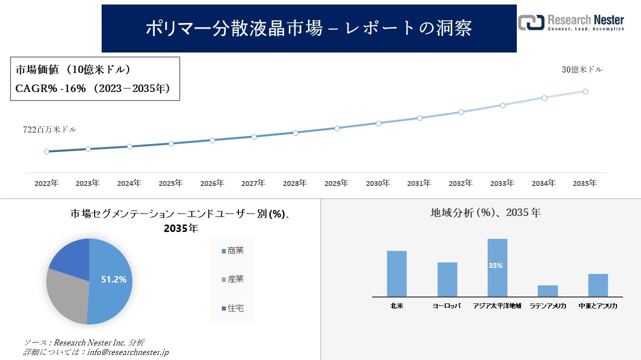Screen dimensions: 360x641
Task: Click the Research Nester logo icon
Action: (x=531, y=22)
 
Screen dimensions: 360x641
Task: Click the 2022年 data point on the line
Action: (x=47, y=151)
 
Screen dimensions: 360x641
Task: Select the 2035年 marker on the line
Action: (x=585, y=91)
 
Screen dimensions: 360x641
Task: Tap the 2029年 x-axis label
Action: (x=337, y=183)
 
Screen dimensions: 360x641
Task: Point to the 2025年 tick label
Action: (x=171, y=183)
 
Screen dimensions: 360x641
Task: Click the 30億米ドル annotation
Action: (x=582, y=70)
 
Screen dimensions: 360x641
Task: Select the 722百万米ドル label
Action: (x=50, y=129)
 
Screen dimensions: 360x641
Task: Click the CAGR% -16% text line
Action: (x=93, y=88)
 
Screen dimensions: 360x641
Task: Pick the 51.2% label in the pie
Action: (x=114, y=279)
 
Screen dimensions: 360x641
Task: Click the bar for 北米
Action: (x=397, y=274)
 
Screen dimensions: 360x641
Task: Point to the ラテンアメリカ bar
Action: (x=548, y=291)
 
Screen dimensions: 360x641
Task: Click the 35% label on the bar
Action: (x=496, y=266)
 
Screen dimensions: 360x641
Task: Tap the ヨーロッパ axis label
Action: (x=446, y=305)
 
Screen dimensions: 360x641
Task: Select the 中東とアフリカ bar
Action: (x=598, y=285)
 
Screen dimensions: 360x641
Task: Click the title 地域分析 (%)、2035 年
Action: (x=485, y=212)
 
